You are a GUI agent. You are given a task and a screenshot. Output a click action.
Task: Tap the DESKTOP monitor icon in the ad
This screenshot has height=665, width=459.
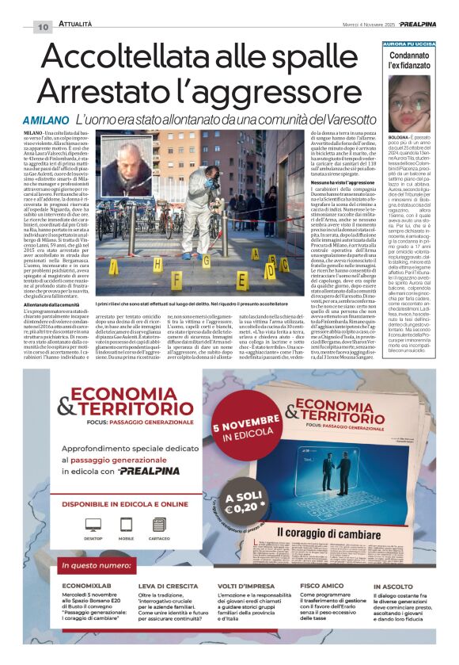coord(93,527)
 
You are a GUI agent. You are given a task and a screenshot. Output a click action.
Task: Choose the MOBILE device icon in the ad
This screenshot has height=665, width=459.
coord(127,527)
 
